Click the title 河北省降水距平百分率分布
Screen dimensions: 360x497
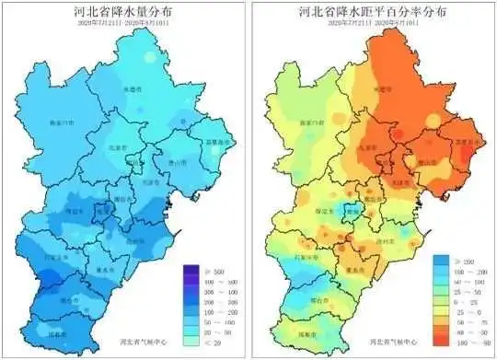(x=372, y=13)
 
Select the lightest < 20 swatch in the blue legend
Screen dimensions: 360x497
(x=191, y=342)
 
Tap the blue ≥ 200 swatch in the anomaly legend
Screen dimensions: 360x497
(x=441, y=263)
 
